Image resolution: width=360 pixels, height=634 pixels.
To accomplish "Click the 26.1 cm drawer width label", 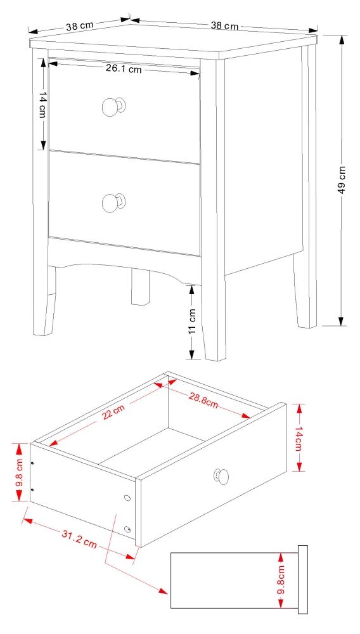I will (x=124, y=69).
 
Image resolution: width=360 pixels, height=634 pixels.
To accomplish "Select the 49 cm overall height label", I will (x=342, y=179).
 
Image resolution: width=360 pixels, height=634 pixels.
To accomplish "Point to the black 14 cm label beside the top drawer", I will (x=42, y=105).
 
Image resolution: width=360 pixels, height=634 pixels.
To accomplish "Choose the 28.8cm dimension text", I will (x=203, y=400).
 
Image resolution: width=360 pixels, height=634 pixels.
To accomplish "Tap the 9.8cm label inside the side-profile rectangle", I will (x=281, y=581).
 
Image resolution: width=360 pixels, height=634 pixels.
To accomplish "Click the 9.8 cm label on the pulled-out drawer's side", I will (x=20, y=472).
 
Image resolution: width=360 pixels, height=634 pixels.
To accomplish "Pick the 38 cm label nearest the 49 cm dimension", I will (x=224, y=26).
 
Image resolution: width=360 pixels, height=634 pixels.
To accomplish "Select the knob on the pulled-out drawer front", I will (x=222, y=475).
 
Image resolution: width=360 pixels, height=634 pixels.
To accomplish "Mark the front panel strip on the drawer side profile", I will (x=302, y=579).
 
